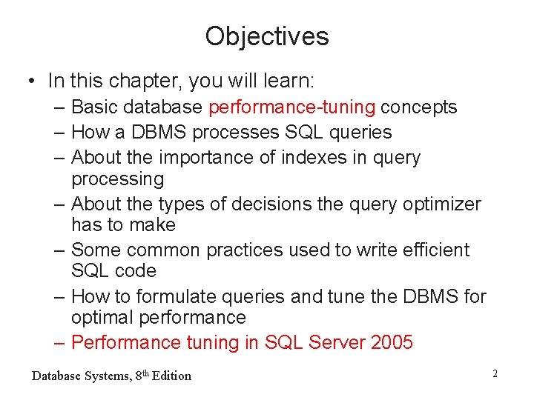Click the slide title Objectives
[x=267, y=36]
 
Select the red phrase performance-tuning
[x=291, y=107]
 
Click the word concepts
[x=418, y=107]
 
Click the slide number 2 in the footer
[x=495, y=374]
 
